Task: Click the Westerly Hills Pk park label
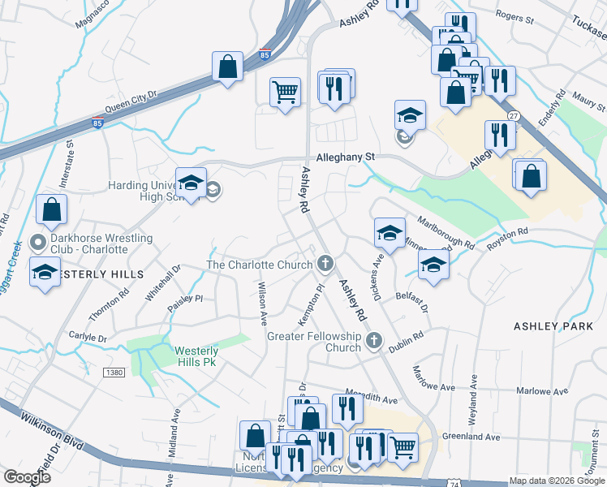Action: click(196, 356)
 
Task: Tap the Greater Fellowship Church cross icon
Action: click(374, 340)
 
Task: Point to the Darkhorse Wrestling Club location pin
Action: click(37, 243)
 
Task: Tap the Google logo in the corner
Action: click(26, 476)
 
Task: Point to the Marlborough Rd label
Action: click(446, 232)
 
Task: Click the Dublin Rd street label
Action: click(407, 339)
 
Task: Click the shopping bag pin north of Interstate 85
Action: click(228, 67)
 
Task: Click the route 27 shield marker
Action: click(513, 117)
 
